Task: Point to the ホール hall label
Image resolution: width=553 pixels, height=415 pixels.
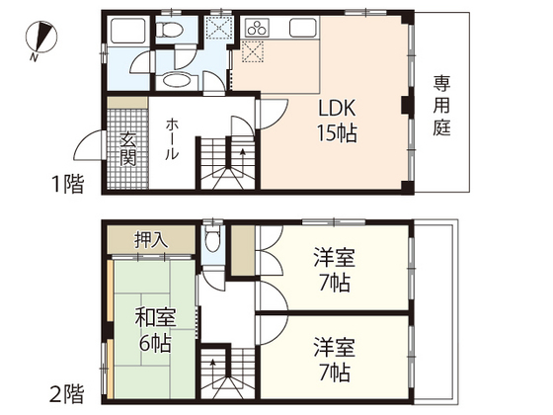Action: point(173,139)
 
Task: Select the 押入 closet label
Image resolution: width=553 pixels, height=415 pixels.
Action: point(151,239)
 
